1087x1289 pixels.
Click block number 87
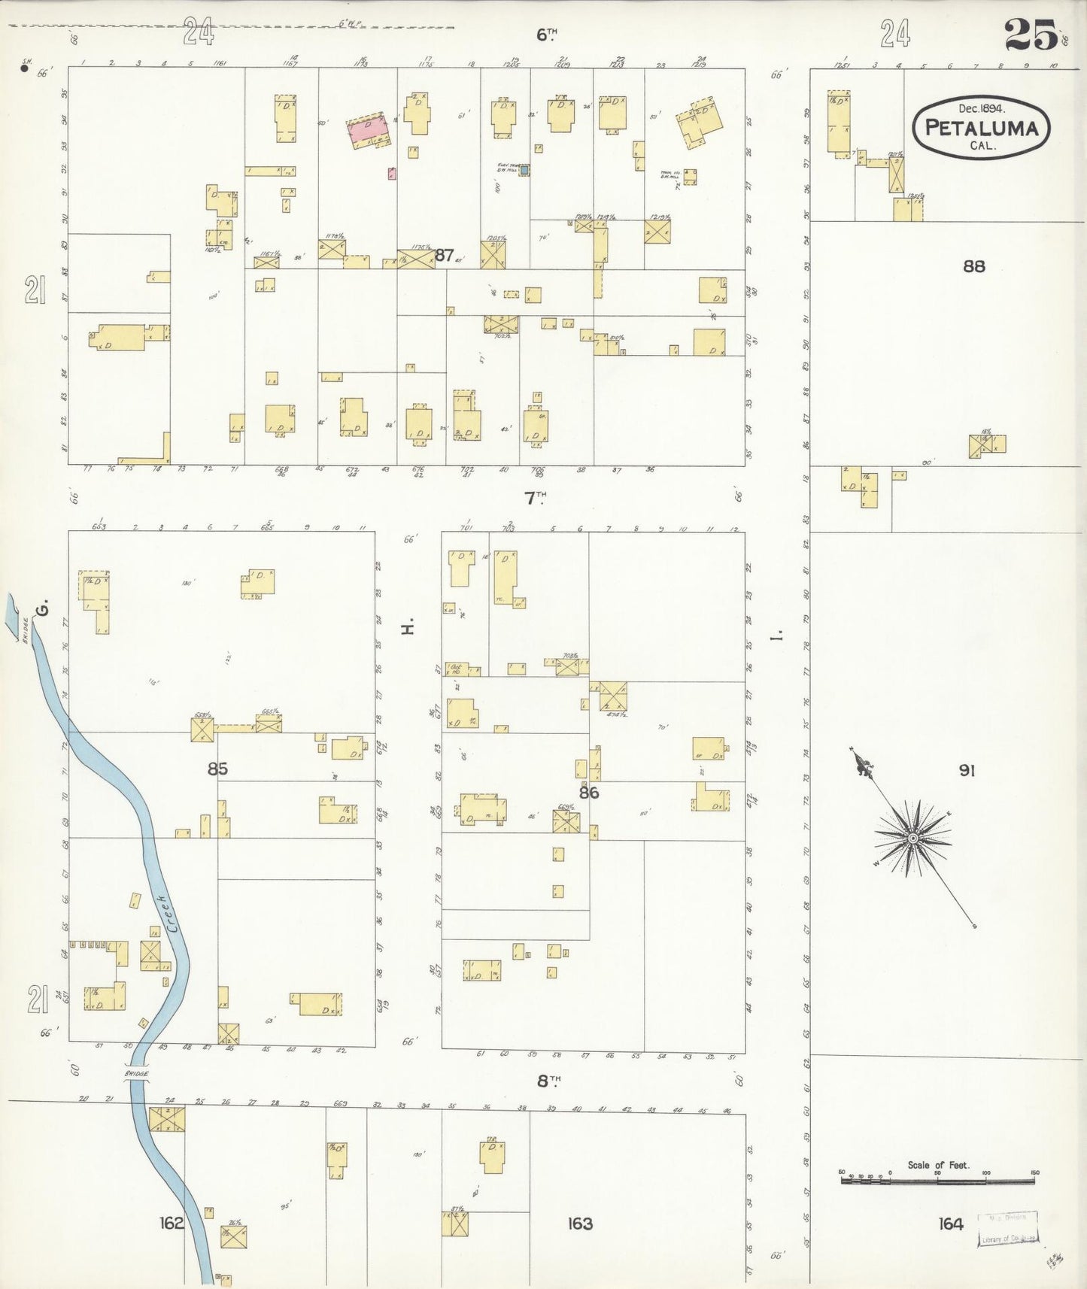tap(445, 255)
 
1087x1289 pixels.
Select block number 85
tap(217, 769)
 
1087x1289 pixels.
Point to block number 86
tap(588, 792)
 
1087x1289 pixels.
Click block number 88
tap(973, 266)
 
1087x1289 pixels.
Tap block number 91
tap(967, 770)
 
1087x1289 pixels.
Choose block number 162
tap(171, 1224)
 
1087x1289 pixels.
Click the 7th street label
tap(535, 498)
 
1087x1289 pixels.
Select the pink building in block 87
tap(369, 130)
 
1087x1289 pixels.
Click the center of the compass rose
tap(912, 838)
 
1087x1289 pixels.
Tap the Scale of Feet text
tap(938, 1165)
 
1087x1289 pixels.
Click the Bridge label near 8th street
tap(136, 1075)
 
